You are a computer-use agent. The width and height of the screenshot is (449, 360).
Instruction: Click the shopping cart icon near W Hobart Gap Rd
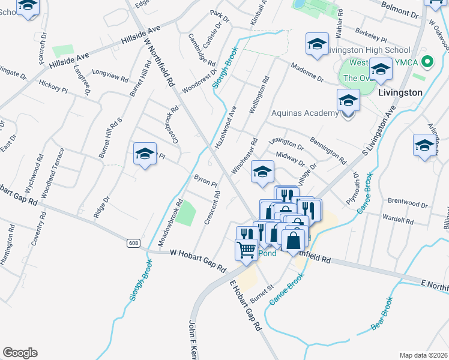247,249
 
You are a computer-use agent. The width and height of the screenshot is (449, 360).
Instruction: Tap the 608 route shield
133,243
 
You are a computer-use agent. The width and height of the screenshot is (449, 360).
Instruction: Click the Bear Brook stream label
382,313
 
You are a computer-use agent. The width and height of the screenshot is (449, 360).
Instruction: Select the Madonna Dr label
307,73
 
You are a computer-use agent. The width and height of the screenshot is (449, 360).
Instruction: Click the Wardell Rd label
398,218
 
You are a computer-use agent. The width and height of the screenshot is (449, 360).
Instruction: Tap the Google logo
20,353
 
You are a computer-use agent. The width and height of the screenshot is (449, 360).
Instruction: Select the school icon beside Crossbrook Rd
145,155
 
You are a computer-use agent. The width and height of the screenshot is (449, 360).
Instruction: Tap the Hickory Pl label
53,86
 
